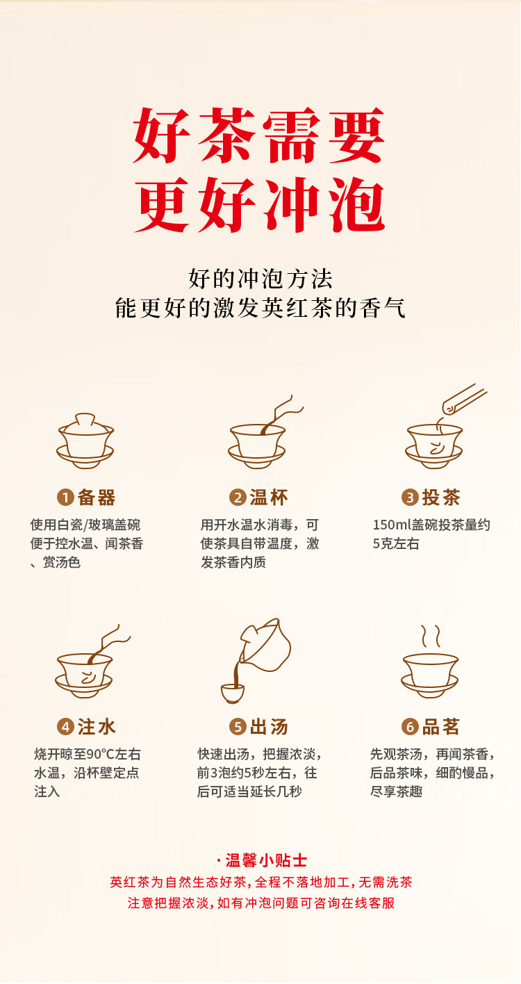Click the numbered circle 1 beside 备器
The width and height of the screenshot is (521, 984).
(65, 498)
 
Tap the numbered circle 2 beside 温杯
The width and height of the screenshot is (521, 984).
(238, 498)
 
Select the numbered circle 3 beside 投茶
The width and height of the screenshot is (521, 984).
(410, 498)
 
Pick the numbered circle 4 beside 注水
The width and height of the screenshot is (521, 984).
(65, 728)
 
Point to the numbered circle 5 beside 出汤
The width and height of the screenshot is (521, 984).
(238, 728)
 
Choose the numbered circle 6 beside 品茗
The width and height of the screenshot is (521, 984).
(410, 728)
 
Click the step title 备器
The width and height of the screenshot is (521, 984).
(97, 498)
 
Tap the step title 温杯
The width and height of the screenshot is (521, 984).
(269, 498)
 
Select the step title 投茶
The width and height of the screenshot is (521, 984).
(441, 498)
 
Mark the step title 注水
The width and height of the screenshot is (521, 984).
(97, 728)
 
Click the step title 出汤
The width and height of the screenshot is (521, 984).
(269, 728)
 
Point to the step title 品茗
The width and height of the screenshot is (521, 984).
(441, 728)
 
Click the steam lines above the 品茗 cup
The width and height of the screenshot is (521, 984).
(431, 636)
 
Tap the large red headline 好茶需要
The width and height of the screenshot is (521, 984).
(259, 136)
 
